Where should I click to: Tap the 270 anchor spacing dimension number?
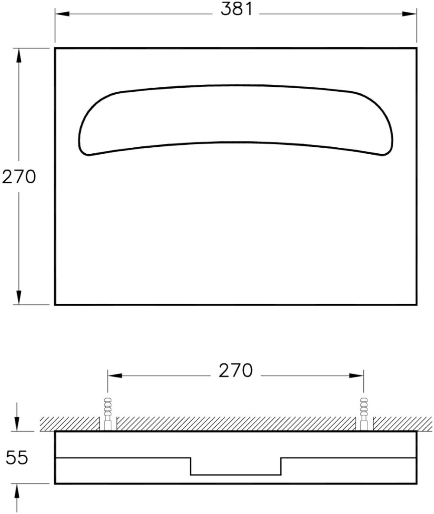click(x=235, y=371)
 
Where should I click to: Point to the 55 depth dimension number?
click(x=17, y=458)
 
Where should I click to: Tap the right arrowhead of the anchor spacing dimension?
click(x=357, y=375)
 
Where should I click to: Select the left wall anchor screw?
click(x=108, y=413)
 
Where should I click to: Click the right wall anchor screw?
click(x=364, y=413)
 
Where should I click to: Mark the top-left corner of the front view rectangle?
click(x=55, y=48)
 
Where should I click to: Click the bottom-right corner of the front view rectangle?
click(x=416, y=304)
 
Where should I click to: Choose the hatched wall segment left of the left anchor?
click(x=69, y=424)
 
